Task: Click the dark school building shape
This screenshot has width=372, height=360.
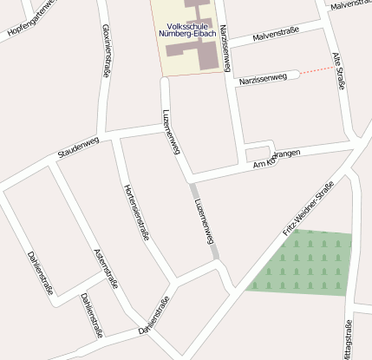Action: [206, 53]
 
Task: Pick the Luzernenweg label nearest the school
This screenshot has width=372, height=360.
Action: [172, 132]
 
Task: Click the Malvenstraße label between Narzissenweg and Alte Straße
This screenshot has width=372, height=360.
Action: [275, 35]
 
